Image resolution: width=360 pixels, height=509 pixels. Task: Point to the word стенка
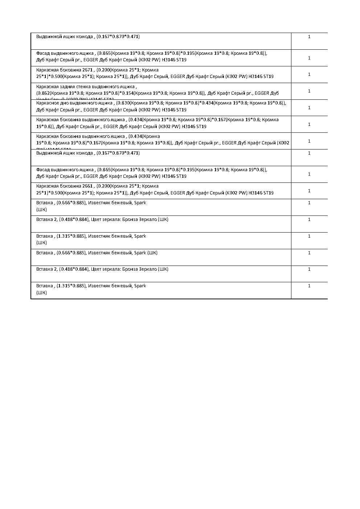click(92, 86)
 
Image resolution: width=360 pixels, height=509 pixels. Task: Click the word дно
click(64, 103)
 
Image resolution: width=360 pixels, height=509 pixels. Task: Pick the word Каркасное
click(48, 103)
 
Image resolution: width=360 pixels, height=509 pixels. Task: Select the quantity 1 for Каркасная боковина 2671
click(309, 74)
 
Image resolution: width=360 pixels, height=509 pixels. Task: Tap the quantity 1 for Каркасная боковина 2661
click(309, 191)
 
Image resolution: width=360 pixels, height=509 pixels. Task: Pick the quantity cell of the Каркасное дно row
click(309, 108)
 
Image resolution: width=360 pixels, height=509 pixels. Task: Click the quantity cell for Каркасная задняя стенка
click(309, 91)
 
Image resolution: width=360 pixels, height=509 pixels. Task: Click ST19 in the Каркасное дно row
click(181, 110)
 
